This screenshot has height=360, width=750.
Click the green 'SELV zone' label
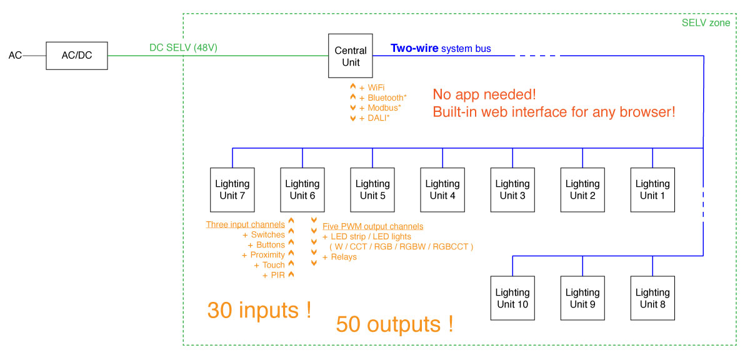[x=706, y=22]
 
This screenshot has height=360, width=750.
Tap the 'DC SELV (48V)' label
[x=183, y=47]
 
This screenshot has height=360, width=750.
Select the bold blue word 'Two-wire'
[x=414, y=48]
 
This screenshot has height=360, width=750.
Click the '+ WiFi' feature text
[x=372, y=87]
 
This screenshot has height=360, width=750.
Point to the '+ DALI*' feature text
[x=374, y=118]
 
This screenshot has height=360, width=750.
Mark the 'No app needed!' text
[x=484, y=94]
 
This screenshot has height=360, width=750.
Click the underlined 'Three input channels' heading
[x=246, y=224]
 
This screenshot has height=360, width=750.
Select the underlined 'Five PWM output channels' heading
[x=372, y=226]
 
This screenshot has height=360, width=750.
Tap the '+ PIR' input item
[x=274, y=275]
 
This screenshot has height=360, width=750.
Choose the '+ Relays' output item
[x=339, y=257]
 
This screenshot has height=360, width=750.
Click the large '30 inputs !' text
[x=259, y=310]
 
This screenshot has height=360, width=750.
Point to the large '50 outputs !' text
[x=395, y=324]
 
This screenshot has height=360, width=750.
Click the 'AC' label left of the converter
[x=15, y=55]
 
